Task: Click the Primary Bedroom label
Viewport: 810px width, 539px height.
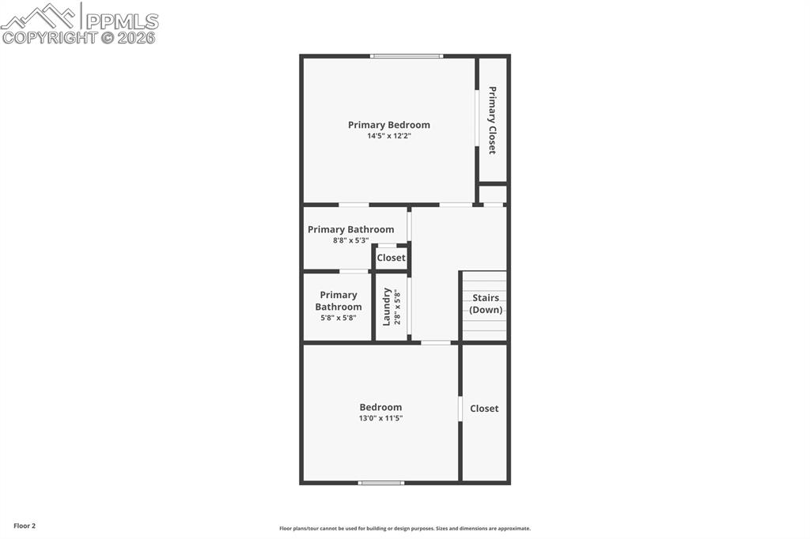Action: click(388, 125)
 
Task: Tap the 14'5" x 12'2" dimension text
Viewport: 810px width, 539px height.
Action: click(388, 136)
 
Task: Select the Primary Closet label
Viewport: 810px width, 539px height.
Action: click(492, 120)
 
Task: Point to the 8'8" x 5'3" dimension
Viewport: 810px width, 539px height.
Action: click(350, 240)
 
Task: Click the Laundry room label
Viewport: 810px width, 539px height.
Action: click(387, 307)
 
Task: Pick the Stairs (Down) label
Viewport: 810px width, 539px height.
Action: click(486, 303)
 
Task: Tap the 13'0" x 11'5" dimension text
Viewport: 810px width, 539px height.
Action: click(380, 418)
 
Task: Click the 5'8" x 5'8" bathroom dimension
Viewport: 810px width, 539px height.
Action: click(339, 318)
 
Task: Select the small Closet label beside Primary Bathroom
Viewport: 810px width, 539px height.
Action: click(391, 258)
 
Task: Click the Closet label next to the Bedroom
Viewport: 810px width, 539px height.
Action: click(484, 409)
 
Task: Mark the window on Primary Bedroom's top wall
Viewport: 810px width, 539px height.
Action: click(407, 56)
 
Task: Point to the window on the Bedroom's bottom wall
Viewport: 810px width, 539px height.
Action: click(381, 482)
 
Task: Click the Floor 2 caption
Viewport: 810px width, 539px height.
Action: click(25, 526)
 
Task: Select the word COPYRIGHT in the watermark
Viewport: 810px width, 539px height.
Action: click(49, 37)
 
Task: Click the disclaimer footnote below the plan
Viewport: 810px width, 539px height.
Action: click(404, 529)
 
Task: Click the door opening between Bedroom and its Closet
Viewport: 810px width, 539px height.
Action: click(460, 409)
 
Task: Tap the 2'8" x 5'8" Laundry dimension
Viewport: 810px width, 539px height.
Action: click(398, 307)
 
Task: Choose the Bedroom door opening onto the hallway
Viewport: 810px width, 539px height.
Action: click(436, 342)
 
